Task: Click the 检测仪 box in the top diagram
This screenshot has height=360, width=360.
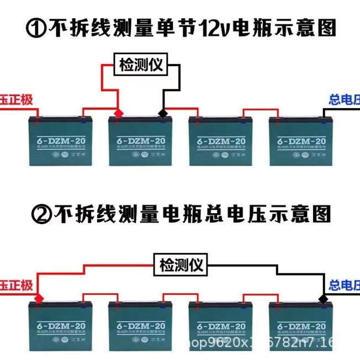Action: tap(140, 66)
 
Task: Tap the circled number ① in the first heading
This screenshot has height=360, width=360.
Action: tap(37, 28)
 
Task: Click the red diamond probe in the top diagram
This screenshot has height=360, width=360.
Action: tap(118, 113)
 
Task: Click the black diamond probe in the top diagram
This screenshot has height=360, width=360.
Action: tap(162, 113)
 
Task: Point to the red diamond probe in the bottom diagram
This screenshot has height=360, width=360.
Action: tap(38, 299)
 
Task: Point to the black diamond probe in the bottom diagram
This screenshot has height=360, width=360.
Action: tap(322, 299)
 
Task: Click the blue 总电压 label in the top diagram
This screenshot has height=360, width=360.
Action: tap(344, 100)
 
